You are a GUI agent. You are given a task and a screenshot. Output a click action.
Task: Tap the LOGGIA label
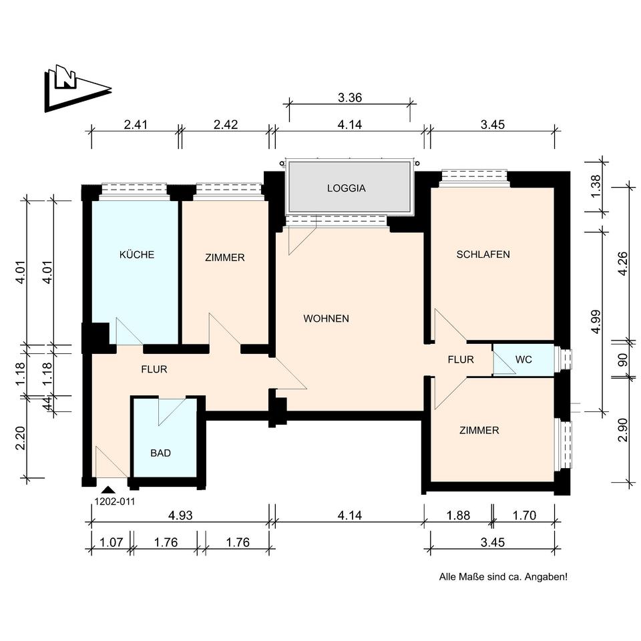click(347, 188)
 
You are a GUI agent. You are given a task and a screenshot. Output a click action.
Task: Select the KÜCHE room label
click(136, 254)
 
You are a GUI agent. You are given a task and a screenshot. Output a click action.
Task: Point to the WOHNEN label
click(327, 318)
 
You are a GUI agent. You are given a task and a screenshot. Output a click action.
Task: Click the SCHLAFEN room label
click(483, 254)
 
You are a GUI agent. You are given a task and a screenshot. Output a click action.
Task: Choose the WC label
click(523, 360)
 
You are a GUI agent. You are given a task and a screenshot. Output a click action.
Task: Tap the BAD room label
click(161, 453)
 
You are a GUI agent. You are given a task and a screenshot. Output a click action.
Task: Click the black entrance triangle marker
click(108, 490)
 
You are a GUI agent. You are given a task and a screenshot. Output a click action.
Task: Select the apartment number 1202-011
click(114, 501)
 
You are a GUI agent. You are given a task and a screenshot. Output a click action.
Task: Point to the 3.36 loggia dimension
click(350, 97)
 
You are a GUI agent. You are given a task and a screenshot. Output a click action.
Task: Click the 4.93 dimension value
click(180, 515)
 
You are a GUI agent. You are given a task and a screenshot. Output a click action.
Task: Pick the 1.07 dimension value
click(112, 542)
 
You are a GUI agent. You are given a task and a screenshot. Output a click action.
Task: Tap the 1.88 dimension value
click(458, 515)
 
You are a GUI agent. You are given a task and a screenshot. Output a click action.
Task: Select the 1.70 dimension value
click(525, 515)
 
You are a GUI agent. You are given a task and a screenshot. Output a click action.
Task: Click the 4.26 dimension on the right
click(622, 264)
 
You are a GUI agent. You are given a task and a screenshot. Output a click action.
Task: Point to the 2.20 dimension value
click(21, 438)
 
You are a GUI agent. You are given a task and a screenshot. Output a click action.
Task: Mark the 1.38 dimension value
click(596, 186)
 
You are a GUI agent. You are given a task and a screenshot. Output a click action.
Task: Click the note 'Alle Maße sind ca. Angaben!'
click(503, 577)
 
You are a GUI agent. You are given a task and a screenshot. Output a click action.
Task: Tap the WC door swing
click(504, 363)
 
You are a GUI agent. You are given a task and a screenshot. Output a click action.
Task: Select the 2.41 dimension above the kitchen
click(136, 125)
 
